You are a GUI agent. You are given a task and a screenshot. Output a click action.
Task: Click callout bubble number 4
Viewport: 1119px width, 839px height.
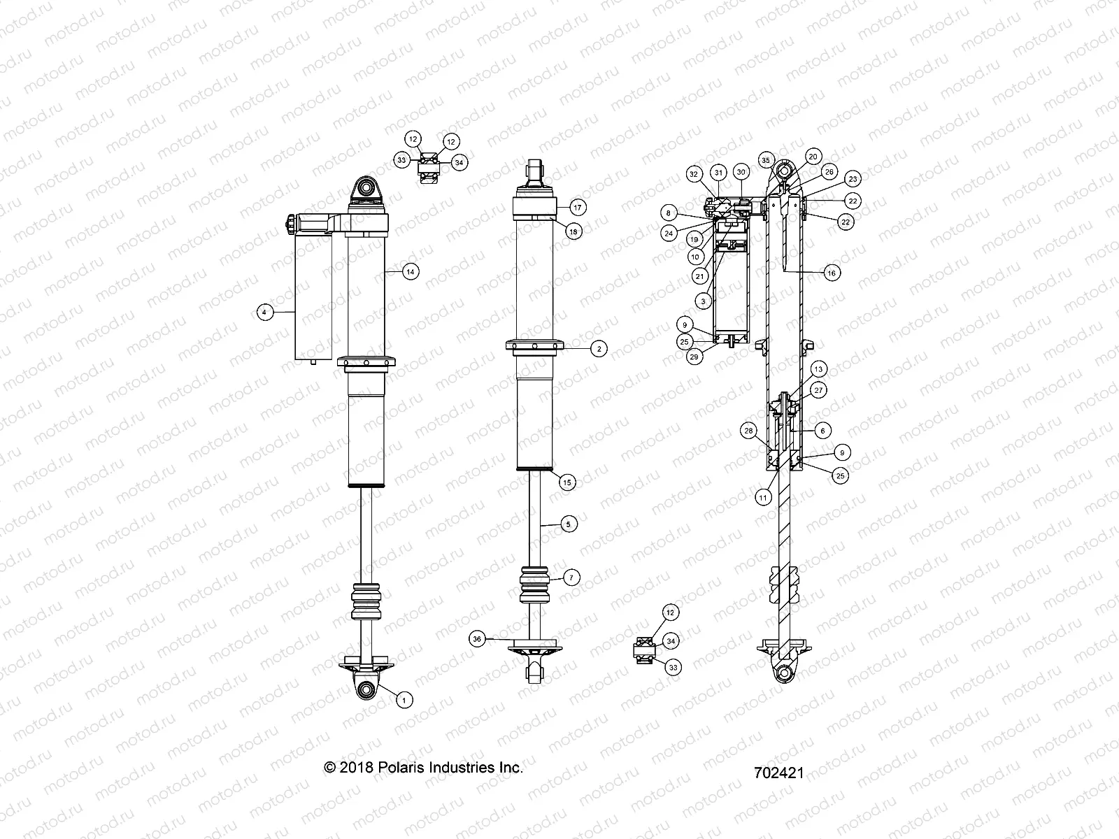point(264,313)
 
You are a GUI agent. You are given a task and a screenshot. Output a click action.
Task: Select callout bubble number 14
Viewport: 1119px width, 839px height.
point(411,272)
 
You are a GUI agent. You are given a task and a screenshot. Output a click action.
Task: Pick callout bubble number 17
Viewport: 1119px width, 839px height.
point(578,208)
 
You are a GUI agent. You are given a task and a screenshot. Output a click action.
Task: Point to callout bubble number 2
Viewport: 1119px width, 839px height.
point(597,347)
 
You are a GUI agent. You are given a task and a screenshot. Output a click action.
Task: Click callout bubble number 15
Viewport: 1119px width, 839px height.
point(567,482)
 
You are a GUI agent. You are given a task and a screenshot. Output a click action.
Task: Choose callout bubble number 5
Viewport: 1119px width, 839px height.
point(568,523)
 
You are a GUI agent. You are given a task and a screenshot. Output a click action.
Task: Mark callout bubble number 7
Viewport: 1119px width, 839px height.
point(571,578)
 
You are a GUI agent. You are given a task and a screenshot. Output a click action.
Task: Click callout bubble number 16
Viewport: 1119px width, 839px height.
point(831,273)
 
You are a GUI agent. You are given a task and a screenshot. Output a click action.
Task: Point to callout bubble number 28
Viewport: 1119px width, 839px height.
point(749,431)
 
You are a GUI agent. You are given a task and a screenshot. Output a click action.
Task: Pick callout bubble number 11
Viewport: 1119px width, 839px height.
point(762,498)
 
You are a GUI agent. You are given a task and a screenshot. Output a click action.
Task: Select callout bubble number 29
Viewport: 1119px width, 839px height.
point(694,357)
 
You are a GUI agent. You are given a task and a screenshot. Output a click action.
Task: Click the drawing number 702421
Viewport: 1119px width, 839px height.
point(779,773)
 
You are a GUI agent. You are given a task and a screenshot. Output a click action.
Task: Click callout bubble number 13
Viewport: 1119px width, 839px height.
point(819,368)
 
